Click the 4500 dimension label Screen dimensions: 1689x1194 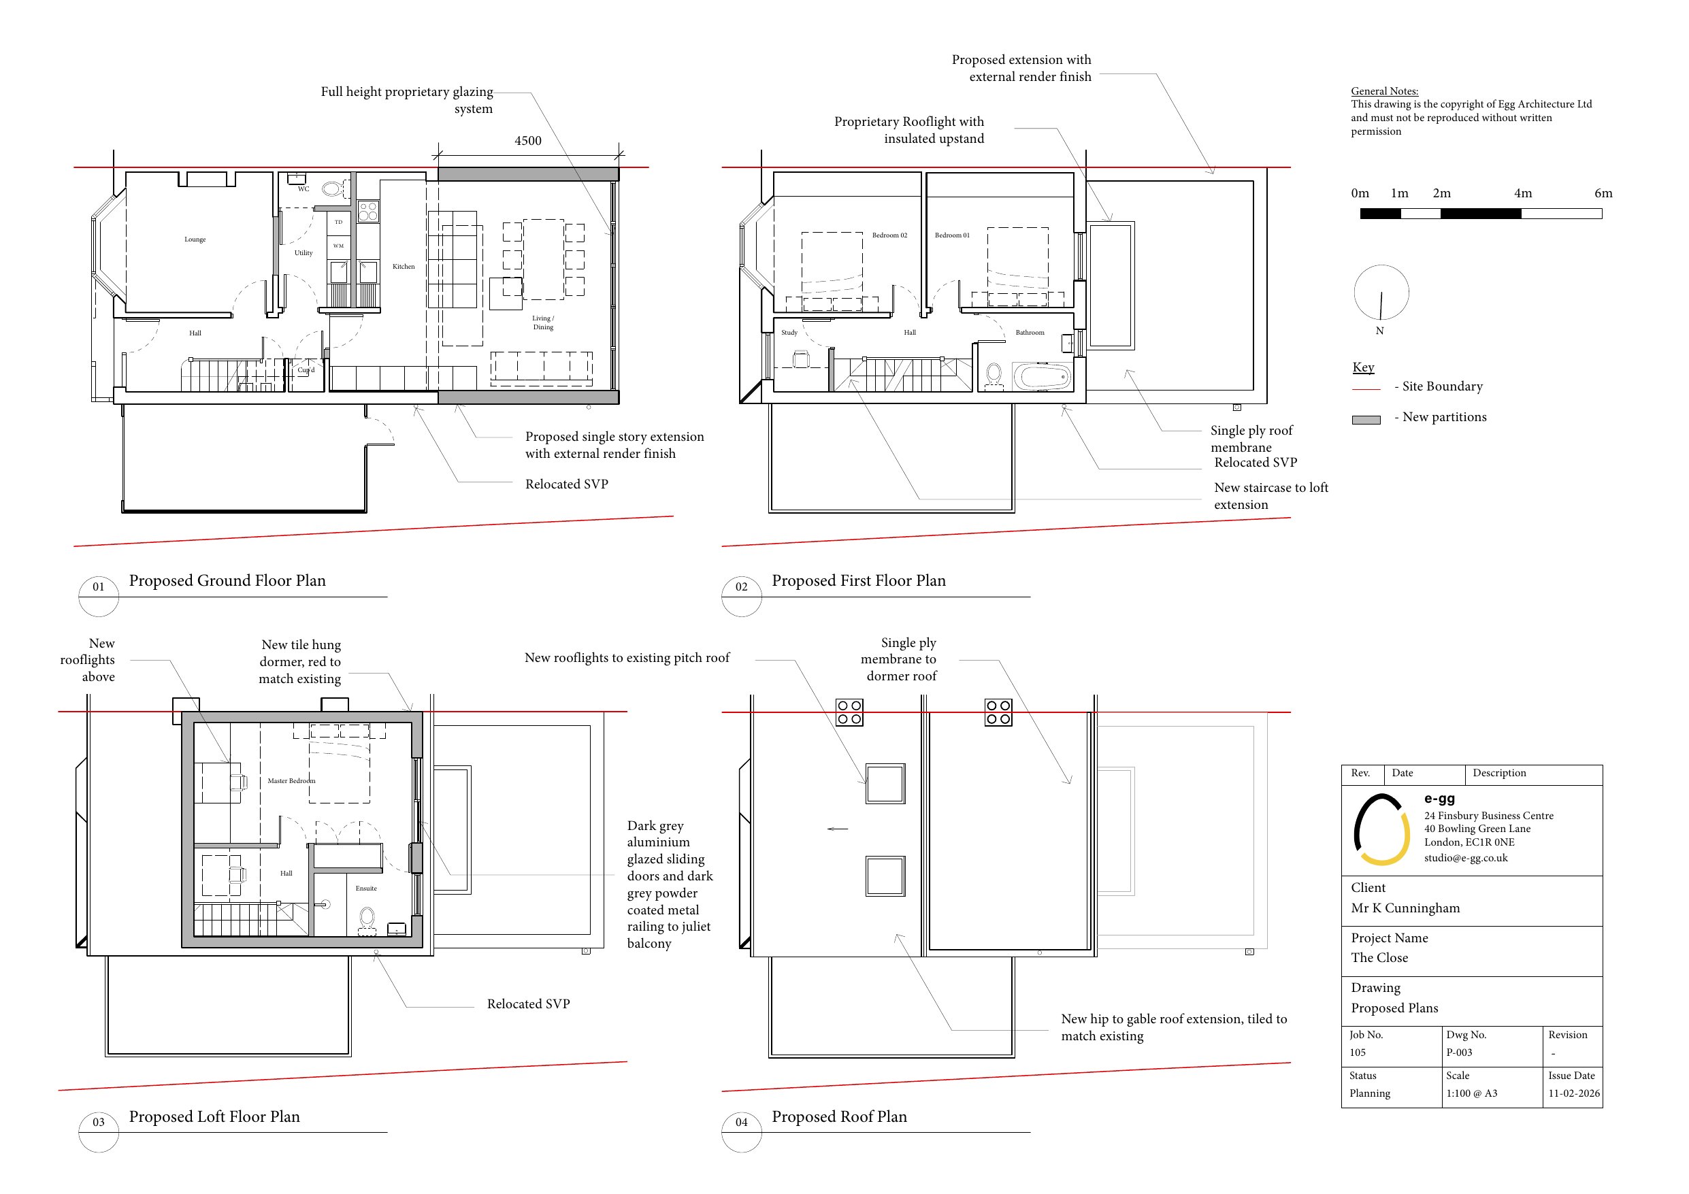tap(527, 141)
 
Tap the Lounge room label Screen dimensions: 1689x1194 tap(195, 239)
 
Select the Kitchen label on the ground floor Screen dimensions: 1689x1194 tap(403, 266)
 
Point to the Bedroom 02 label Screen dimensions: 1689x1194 tap(889, 235)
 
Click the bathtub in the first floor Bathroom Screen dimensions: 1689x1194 tap(1043, 377)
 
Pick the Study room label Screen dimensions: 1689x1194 tap(789, 333)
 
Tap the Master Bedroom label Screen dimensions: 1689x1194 tap(291, 780)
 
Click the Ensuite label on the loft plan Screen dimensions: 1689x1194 tap(366, 888)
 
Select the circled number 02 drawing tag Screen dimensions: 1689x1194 tap(742, 587)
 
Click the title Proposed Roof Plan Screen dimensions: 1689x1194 tap(839, 1116)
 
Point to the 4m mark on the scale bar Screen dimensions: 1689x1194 tap(1523, 193)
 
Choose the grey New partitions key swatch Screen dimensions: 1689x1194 tap(1366, 420)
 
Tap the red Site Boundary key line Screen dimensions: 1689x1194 tap(1366, 388)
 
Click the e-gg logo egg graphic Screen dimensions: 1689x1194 tap(1382, 829)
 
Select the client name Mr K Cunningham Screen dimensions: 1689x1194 tap(1405, 908)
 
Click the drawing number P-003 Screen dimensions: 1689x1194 tap(1459, 1052)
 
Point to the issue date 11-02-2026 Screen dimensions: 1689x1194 tap(1573, 1093)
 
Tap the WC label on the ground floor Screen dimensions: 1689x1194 tap(303, 189)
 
